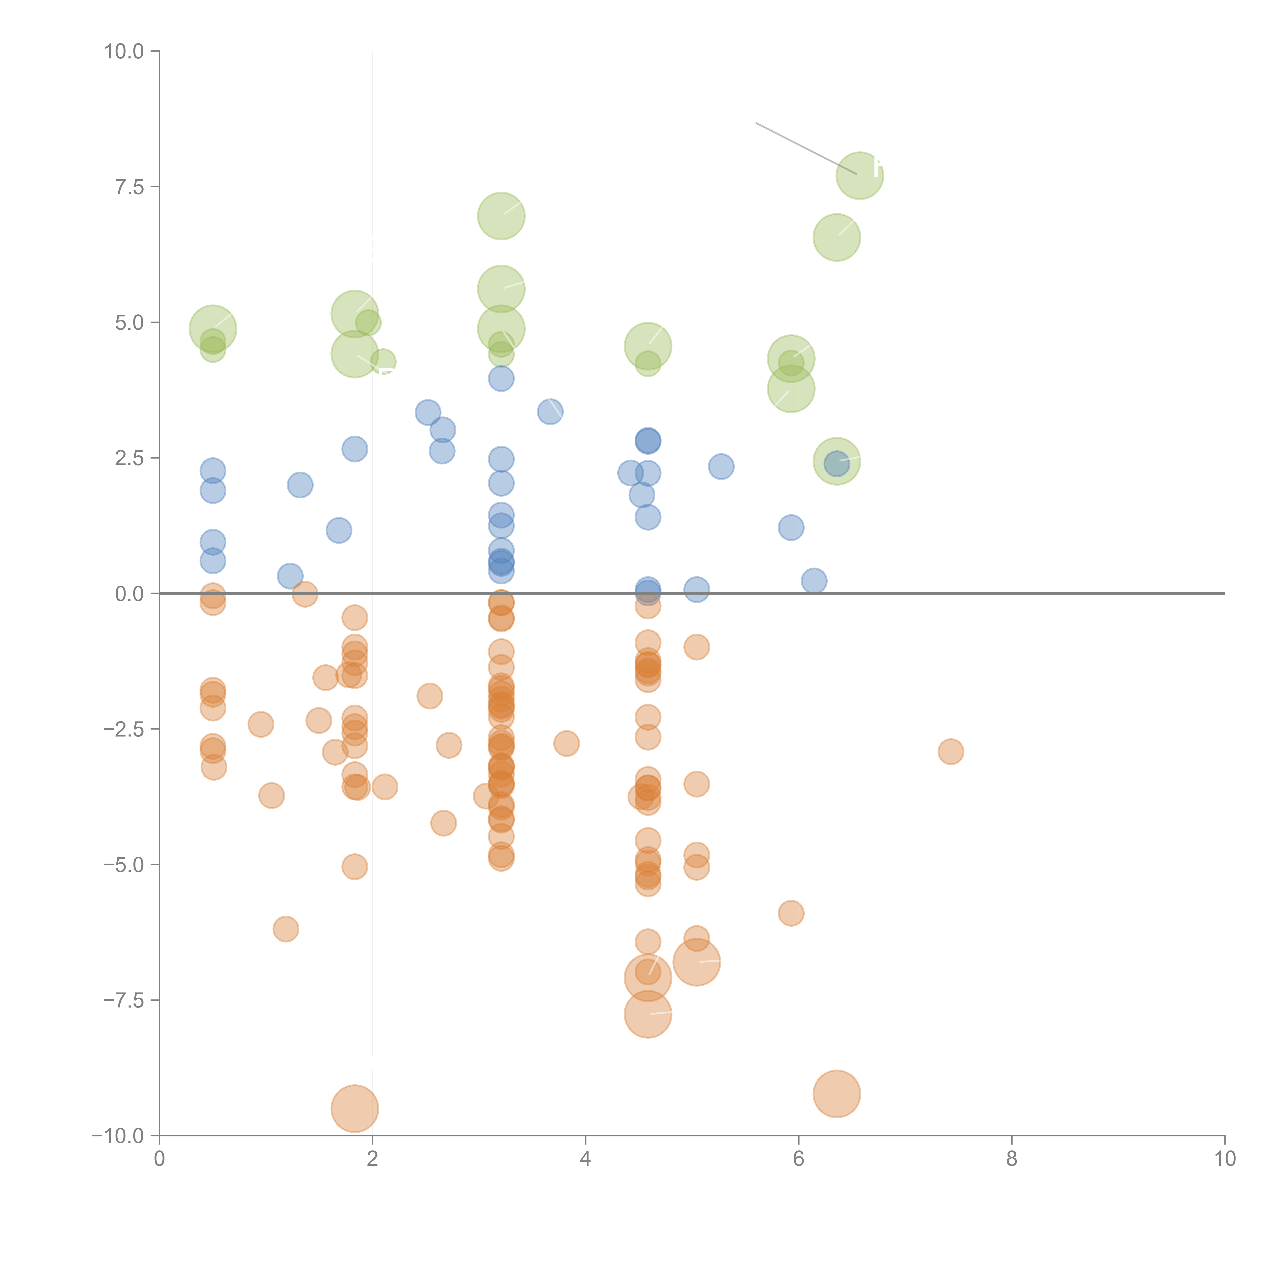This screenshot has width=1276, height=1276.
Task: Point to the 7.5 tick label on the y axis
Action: pos(129,187)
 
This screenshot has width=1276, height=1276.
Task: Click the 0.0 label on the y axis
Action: pos(129,594)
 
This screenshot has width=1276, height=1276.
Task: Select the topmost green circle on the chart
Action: pos(860,176)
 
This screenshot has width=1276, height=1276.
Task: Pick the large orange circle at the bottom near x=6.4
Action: pos(837,1094)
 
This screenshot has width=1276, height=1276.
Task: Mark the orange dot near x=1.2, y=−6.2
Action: pos(285,929)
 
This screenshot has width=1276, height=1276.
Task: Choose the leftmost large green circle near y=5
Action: pos(213,329)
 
